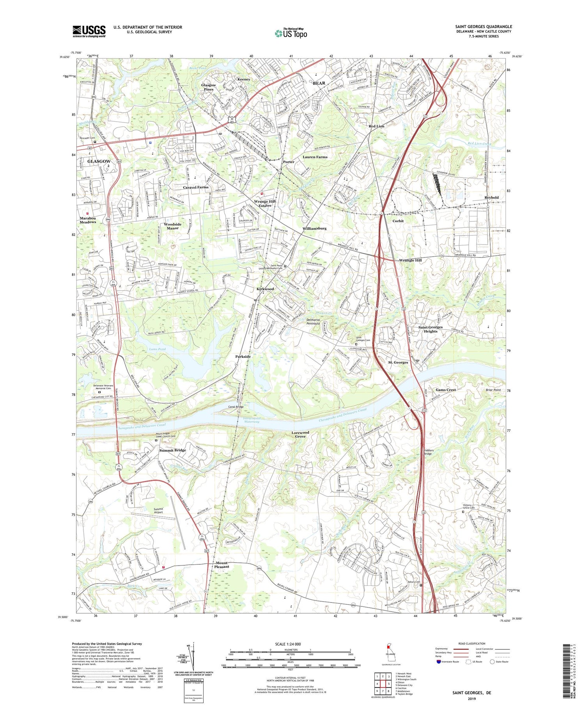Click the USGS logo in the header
coord(89,31)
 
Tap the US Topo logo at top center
coord(291,34)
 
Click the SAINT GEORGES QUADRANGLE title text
coord(483,27)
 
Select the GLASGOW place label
coord(99,161)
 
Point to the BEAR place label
coord(319,83)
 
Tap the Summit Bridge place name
coord(172,450)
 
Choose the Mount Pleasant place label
coord(222,565)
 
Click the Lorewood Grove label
coord(300,434)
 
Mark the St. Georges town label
coord(398,362)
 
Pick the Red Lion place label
coord(376,126)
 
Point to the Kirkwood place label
coord(265,289)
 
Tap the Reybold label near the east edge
coord(491,197)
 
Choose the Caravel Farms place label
coord(196,187)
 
